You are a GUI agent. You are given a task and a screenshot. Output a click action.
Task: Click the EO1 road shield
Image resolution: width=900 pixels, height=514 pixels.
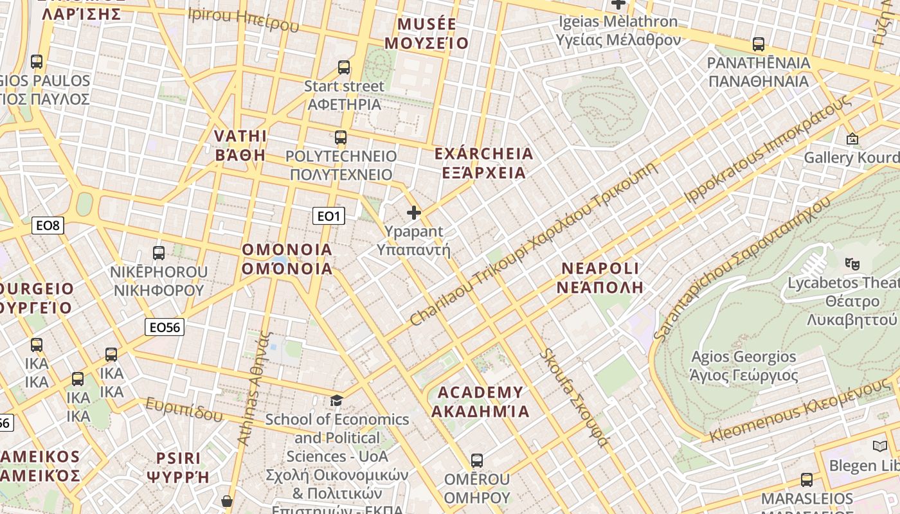(x=328, y=216)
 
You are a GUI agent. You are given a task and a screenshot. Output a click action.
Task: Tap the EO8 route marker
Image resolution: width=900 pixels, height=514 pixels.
(x=48, y=225)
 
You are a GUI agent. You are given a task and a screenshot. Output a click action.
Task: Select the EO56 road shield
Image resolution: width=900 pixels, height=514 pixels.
(x=165, y=327)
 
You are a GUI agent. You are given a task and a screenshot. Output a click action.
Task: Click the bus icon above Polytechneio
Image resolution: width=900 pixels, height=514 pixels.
(x=341, y=137)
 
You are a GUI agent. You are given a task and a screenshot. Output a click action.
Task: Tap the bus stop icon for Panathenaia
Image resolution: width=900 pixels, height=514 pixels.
(x=759, y=44)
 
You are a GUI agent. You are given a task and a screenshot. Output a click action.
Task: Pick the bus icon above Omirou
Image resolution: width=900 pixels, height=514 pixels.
(x=476, y=460)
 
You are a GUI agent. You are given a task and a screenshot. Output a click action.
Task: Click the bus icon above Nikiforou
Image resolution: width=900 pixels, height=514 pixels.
(x=159, y=253)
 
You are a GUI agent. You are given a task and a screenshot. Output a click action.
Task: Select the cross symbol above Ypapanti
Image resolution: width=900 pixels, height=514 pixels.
(x=414, y=212)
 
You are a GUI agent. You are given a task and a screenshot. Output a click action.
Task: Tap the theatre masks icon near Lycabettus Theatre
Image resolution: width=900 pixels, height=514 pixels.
(x=852, y=263)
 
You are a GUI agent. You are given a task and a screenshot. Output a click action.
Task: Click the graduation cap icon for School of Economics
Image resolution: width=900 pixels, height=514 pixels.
(x=336, y=401)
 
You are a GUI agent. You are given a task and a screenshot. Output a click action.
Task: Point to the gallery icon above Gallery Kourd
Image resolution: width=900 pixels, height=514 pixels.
(x=852, y=138)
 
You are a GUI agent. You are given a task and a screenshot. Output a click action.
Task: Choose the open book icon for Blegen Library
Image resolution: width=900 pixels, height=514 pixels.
(x=879, y=446)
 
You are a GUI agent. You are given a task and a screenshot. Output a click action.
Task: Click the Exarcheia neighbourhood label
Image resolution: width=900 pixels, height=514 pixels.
(x=484, y=163)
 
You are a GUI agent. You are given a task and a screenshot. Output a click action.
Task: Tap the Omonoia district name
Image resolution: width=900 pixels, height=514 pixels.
(x=287, y=259)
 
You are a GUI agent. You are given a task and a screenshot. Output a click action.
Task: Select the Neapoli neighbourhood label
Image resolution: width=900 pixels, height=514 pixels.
(x=600, y=278)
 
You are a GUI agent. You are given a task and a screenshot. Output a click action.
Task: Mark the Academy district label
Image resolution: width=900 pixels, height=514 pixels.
(x=480, y=402)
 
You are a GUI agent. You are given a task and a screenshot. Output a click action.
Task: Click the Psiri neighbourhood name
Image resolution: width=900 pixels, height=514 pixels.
(x=179, y=467)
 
